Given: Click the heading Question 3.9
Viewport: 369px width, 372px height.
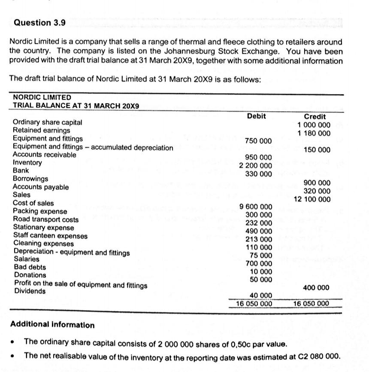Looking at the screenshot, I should [39, 23].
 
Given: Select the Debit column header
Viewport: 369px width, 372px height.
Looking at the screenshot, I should [256, 116].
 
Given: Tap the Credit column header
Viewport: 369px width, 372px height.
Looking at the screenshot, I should [315, 116].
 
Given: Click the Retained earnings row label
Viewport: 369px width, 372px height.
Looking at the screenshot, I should [41, 130].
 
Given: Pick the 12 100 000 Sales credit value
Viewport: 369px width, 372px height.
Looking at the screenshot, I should [312, 199].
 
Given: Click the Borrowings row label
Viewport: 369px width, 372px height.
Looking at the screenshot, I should [30, 179].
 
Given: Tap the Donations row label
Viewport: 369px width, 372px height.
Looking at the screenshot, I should [30, 275].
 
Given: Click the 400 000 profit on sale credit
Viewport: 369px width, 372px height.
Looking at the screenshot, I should [317, 287].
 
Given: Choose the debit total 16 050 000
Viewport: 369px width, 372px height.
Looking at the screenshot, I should [254, 303].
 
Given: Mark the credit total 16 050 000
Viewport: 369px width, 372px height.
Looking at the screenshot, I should [311, 303].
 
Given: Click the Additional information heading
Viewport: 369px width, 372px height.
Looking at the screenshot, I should [52, 325].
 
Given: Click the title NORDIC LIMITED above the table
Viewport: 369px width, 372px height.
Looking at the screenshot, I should [42, 98].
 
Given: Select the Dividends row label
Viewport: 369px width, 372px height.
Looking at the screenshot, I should [30, 291].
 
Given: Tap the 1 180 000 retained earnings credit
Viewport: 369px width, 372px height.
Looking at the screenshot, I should [314, 133].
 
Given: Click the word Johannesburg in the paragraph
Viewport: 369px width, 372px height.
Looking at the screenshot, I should [185, 52].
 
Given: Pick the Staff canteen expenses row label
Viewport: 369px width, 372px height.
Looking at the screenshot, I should [50, 235].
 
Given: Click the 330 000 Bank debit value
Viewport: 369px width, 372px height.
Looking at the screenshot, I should [258, 174].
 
